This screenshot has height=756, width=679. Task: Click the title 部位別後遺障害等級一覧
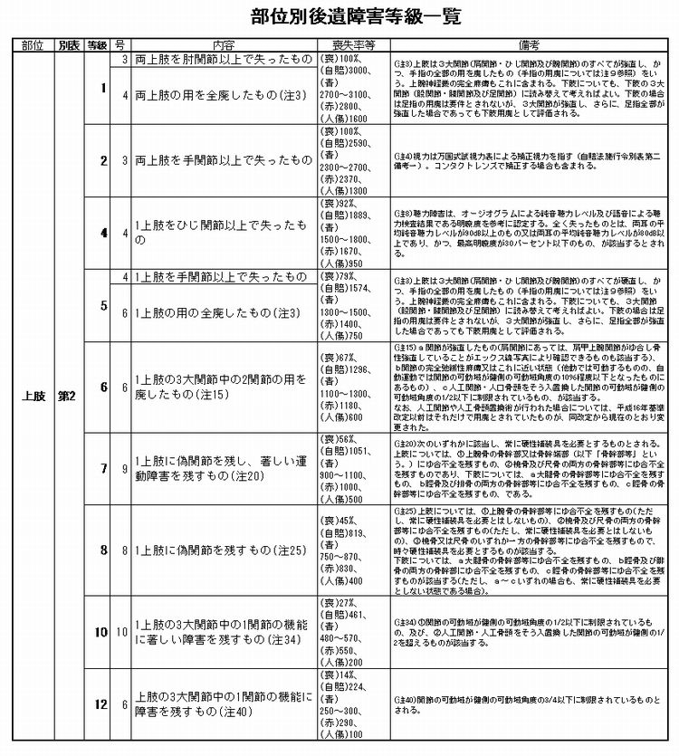339,17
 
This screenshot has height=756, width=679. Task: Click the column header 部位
32,43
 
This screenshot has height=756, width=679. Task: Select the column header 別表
70,43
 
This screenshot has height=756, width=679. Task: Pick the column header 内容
224,43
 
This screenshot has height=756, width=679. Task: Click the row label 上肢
34,396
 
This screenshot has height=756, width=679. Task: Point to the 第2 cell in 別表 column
70,396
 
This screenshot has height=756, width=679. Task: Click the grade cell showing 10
102,631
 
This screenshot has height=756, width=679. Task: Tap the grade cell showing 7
102,468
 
